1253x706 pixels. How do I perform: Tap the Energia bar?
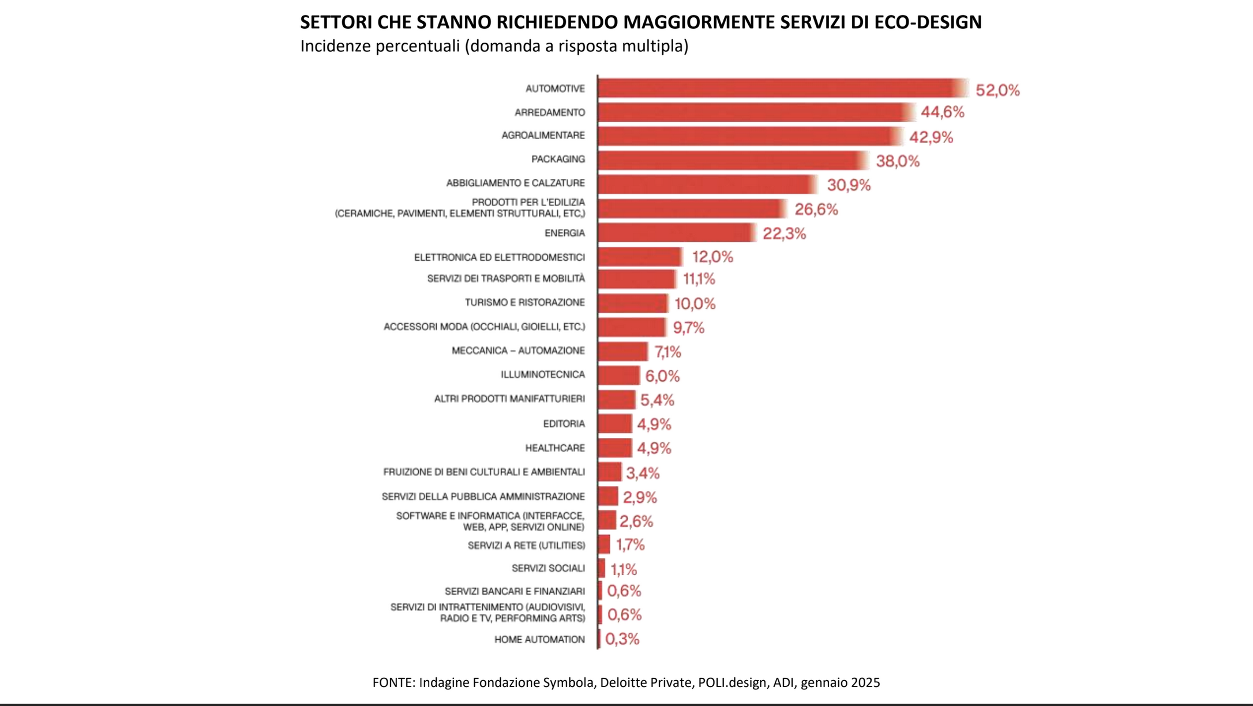pyautogui.click(x=676, y=232)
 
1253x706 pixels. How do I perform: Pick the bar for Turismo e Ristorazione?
pyautogui.click(x=632, y=303)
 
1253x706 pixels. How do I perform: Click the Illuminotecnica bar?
pyautogui.click(x=618, y=375)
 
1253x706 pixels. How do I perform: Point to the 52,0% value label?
pyautogui.click(x=997, y=90)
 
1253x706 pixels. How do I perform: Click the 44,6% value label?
pyautogui.click(x=942, y=112)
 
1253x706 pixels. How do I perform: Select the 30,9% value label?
pyautogui.click(x=849, y=185)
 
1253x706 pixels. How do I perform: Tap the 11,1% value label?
pyautogui.click(x=699, y=279)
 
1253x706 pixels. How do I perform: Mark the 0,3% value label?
pyautogui.click(x=622, y=639)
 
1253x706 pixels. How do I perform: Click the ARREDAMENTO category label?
pyautogui.click(x=549, y=112)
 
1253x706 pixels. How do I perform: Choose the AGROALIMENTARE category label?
pyautogui.click(x=543, y=135)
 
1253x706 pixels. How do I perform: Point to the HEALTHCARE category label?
pyautogui.click(x=554, y=448)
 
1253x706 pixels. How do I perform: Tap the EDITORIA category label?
pyautogui.click(x=564, y=423)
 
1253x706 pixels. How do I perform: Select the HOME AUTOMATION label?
pyautogui.click(x=539, y=639)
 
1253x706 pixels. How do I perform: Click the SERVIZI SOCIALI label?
pyautogui.click(x=548, y=568)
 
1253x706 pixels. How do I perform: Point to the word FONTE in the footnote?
pyautogui.click(x=393, y=682)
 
